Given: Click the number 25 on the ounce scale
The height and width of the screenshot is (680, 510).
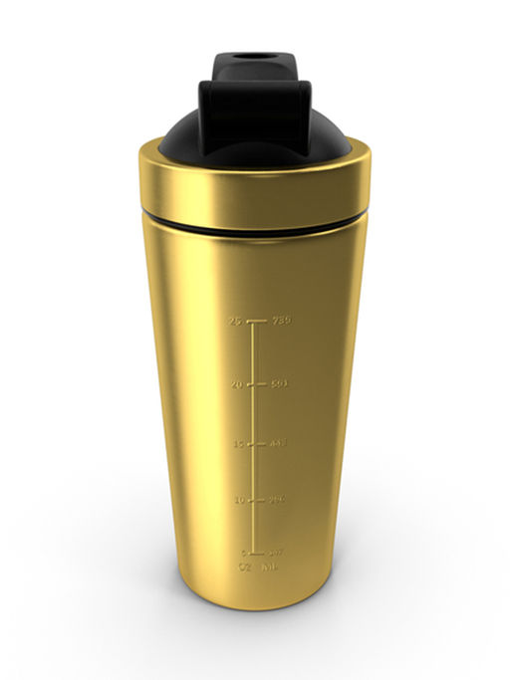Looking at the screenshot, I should tap(235, 322).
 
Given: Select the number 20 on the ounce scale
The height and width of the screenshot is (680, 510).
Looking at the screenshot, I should tap(236, 384).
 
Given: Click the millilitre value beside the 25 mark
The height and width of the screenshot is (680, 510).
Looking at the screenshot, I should tap(281, 322).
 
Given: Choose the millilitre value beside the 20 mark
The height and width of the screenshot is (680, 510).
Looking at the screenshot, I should tap(280, 384).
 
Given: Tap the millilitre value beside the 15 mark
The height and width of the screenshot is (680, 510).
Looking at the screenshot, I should tap(278, 444).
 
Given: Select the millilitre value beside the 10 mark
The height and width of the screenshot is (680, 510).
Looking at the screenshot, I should tap(277, 500).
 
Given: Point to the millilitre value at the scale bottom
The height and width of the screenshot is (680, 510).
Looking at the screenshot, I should tap(275, 553).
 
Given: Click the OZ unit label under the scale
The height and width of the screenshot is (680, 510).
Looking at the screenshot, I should tap(243, 568).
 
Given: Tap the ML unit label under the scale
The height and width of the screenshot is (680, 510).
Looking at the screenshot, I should tap(270, 568).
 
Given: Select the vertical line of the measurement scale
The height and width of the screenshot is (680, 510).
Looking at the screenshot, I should tap(257, 438).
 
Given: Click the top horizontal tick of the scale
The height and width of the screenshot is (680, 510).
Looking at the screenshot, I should tap(257, 322).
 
